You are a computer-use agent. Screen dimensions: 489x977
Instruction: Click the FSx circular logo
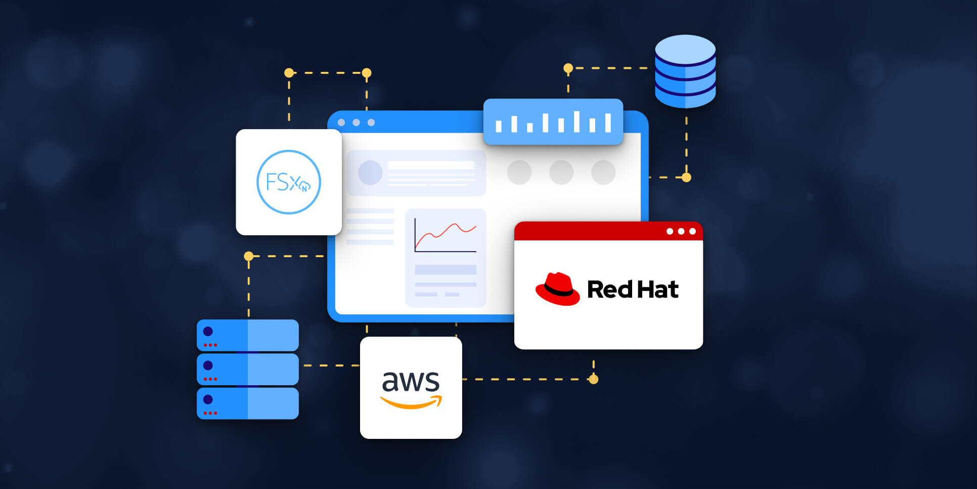pyautogui.click(x=289, y=182)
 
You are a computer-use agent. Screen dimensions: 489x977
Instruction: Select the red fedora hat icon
pyautogui.click(x=557, y=289)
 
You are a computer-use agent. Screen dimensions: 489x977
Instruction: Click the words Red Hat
pyautogui.click(x=633, y=290)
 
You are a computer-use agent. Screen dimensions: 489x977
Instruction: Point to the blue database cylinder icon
pyautogui.click(x=685, y=71)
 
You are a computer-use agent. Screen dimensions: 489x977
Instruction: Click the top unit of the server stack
pyautogui.click(x=248, y=335)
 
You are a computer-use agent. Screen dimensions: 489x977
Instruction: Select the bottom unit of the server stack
pyautogui.click(x=248, y=403)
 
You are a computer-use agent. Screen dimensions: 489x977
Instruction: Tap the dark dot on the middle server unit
pyautogui.click(x=208, y=365)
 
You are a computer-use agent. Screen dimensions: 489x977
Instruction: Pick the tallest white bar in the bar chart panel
pyautogui.click(x=576, y=121)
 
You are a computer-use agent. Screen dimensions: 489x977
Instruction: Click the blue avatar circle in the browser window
pyautogui.click(x=370, y=173)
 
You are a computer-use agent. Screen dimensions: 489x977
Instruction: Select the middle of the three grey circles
pyautogui.click(x=561, y=173)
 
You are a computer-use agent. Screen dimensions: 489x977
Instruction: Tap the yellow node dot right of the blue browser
pyautogui.click(x=686, y=178)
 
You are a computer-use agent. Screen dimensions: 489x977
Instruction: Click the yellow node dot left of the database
pyautogui.click(x=568, y=68)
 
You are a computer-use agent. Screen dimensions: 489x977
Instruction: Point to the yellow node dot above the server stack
pyautogui.click(x=249, y=256)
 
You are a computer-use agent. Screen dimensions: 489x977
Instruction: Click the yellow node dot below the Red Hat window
pyautogui.click(x=594, y=379)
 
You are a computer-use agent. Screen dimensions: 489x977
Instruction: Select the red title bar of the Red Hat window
pyautogui.click(x=587, y=231)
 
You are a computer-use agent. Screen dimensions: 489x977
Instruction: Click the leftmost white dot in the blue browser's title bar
pyautogui.click(x=341, y=123)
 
